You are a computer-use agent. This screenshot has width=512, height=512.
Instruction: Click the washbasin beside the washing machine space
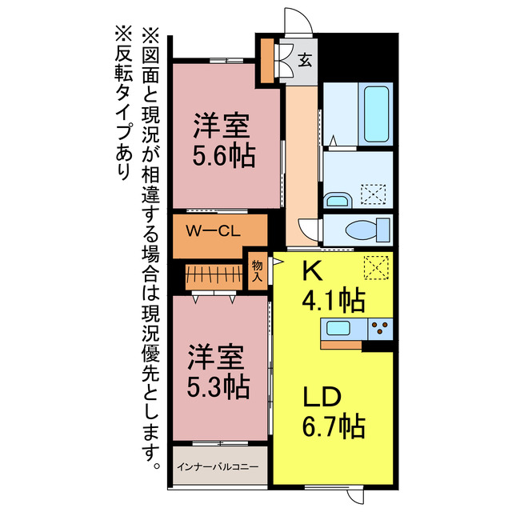(338, 199)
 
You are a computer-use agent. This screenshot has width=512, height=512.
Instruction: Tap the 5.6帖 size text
(223, 154)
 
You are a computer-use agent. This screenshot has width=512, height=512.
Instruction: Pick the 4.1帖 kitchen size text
(333, 301)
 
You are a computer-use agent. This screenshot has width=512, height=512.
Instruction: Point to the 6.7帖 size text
(333, 424)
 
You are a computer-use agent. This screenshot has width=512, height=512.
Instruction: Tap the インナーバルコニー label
(218, 465)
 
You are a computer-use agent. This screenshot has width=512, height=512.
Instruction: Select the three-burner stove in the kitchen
(379, 328)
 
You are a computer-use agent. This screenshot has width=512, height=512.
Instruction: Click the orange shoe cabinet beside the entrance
(265, 58)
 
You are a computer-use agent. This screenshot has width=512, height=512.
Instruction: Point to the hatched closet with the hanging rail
(213, 277)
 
